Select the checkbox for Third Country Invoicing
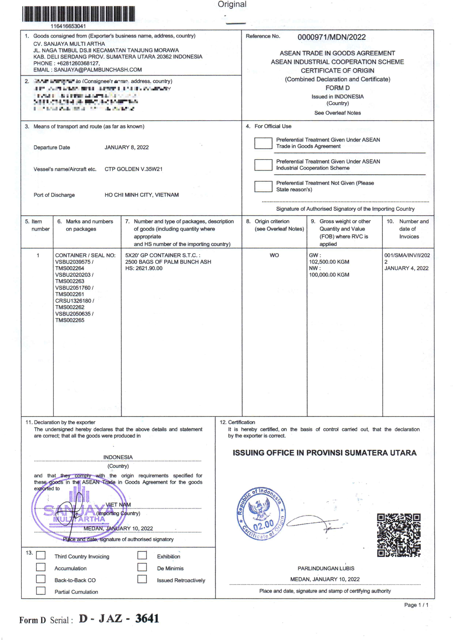tap(41, 555)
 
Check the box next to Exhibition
tap(142, 555)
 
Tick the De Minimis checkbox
tap(142, 567)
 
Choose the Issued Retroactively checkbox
tap(142, 579)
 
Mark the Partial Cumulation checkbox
tap(41, 591)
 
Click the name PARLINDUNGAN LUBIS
tap(326, 568)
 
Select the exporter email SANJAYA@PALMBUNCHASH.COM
tap(98, 70)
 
